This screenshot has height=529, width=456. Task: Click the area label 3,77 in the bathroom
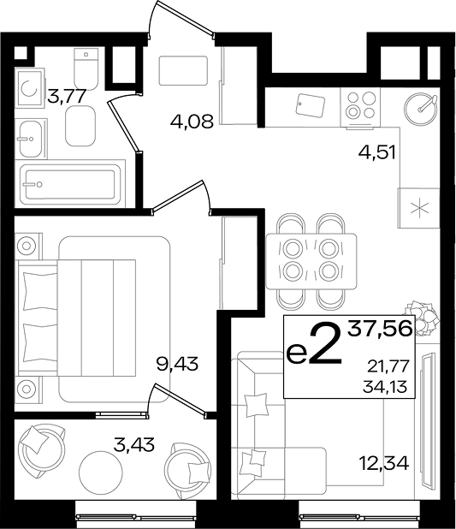pos(66,97)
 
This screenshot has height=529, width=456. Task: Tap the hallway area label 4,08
pos(192,122)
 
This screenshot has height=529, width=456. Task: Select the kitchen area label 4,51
pos(376,152)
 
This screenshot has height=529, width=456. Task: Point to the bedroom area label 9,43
pos(177,364)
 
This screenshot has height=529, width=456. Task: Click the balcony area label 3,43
pos(134,444)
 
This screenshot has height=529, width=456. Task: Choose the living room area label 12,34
pos(384,464)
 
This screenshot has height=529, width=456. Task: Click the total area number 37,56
pos(381,328)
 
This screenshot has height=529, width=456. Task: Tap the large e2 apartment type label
pos(314,345)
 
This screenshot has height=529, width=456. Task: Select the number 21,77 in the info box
pos(388,366)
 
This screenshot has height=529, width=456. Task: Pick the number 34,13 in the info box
pos(385,386)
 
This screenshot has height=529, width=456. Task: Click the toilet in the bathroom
pos(86,69)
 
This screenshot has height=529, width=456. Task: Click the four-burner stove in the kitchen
pos(360,107)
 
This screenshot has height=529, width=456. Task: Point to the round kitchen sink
pos(421,109)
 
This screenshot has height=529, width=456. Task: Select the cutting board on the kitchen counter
pos(311,105)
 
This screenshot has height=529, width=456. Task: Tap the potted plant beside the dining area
pos(423,318)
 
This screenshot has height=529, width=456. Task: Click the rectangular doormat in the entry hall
pos(183,70)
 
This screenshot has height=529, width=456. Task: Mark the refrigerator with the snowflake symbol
pos(419,208)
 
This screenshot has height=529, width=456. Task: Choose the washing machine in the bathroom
pos(30,88)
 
